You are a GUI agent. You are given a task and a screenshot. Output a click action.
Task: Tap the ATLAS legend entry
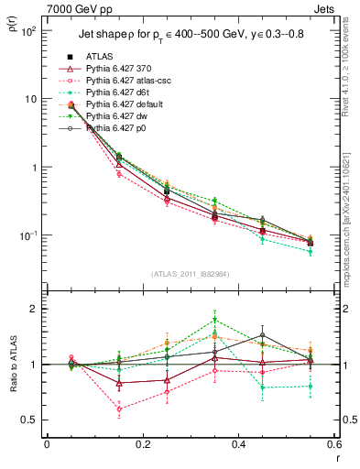[102, 56]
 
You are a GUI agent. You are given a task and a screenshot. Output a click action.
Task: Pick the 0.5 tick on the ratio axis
[30, 420]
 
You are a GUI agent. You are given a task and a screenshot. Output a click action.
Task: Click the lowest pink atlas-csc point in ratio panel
[119, 409]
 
